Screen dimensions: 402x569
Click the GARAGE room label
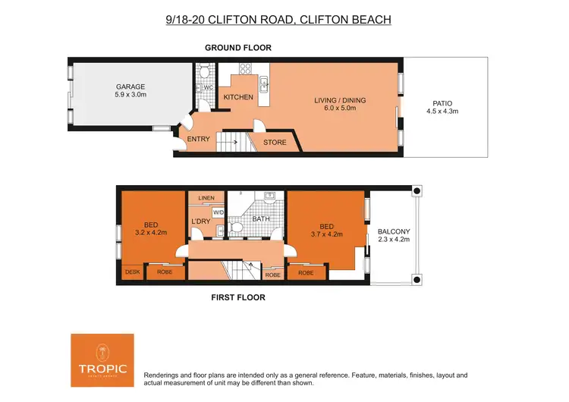130,86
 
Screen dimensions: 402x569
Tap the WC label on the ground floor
207,88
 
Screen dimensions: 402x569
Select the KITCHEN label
237,98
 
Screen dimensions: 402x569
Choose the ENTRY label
198,139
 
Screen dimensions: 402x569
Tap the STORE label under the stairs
275,142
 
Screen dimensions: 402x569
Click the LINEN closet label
206,198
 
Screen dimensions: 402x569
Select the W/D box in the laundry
218,212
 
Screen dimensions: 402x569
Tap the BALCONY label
394,231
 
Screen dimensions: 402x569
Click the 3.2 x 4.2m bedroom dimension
152,233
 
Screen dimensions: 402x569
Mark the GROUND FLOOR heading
237,48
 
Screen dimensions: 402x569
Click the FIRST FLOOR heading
237,297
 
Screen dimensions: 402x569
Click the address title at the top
278,18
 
